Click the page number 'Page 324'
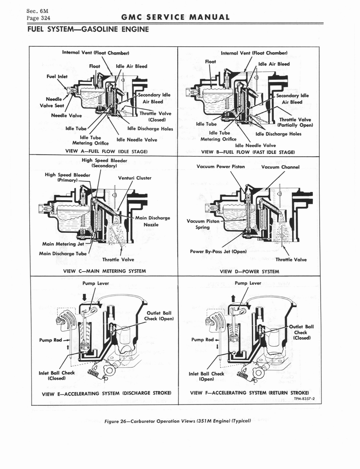point(38,18)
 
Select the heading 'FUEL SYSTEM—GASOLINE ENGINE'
point(88,30)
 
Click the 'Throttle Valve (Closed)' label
point(153,117)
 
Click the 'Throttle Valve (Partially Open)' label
point(295,122)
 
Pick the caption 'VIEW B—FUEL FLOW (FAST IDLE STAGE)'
point(248,151)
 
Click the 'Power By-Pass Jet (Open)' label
point(218,251)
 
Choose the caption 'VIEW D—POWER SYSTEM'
point(249,271)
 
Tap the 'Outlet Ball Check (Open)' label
point(159,316)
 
